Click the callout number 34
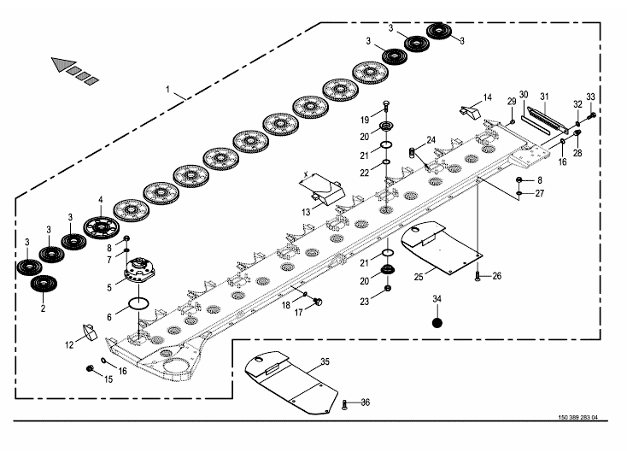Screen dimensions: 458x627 point(437,298)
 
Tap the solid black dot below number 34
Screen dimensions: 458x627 point(437,323)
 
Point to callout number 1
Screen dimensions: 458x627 point(168,89)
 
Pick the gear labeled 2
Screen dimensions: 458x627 point(38,284)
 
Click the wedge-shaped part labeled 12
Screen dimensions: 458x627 point(88,332)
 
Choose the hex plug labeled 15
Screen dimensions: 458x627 point(89,368)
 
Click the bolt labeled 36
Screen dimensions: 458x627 point(343,404)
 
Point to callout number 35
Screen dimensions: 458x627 point(324,362)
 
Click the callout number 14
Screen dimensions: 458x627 point(488,97)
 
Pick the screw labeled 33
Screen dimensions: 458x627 point(592,114)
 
